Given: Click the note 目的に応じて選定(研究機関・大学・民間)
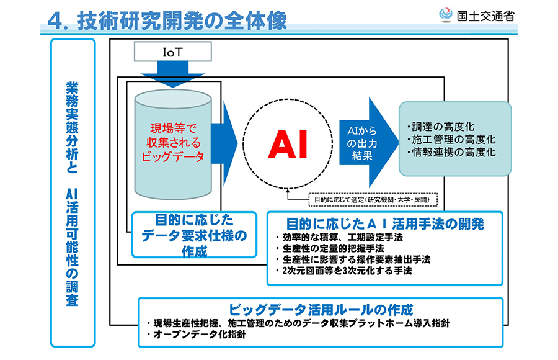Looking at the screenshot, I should [372, 199].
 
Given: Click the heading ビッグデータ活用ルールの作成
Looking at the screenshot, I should [321, 309].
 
